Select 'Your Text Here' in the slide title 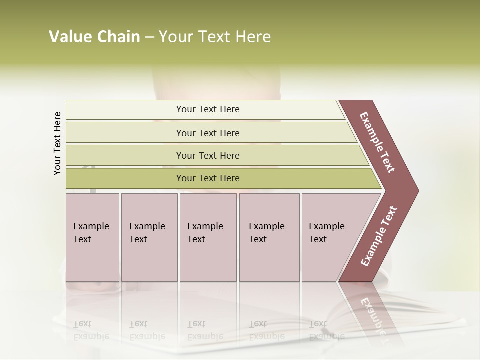[x=215, y=37]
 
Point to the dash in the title [x=149, y=37]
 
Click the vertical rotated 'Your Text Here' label [x=57, y=143]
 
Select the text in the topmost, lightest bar [x=208, y=109]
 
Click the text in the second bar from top [x=208, y=133]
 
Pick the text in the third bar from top [x=208, y=155]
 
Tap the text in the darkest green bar [x=208, y=178]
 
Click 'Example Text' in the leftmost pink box [x=91, y=233]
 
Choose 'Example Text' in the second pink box [x=147, y=233]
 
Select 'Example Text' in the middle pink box [x=205, y=233]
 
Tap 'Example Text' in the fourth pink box [x=266, y=233]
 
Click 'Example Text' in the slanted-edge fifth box [x=326, y=233]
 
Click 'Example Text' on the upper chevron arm [x=377, y=142]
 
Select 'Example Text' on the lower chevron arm [x=379, y=236]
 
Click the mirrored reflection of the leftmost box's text [x=91, y=330]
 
